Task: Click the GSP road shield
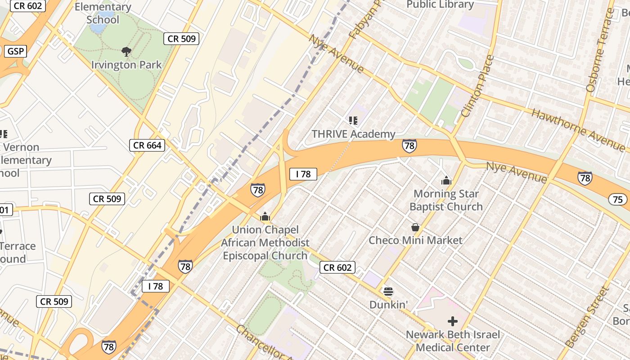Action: pyautogui.click(x=15, y=51)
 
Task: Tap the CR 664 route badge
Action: pyautogui.click(x=147, y=145)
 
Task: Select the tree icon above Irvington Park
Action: pyautogui.click(x=126, y=52)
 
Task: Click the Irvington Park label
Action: pyautogui.click(x=126, y=65)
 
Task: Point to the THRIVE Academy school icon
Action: pyautogui.click(x=353, y=120)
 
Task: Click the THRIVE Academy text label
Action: pyautogui.click(x=353, y=134)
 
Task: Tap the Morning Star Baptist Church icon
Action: pyautogui.click(x=446, y=180)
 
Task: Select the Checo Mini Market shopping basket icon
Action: pyautogui.click(x=415, y=227)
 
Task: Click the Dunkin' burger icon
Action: pyautogui.click(x=388, y=292)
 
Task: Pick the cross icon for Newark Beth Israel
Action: pyautogui.click(x=453, y=321)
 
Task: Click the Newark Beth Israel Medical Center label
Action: pyautogui.click(x=453, y=341)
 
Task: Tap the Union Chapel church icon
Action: pyautogui.click(x=265, y=217)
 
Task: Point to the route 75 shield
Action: pyautogui.click(x=617, y=199)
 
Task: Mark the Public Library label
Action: pyautogui.click(x=440, y=5)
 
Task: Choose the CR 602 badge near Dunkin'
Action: pyautogui.click(x=337, y=267)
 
